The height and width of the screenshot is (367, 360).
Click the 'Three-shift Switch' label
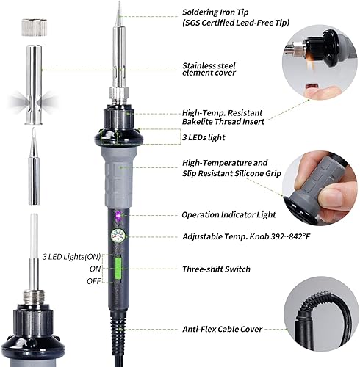pyautogui.click(x=216, y=269)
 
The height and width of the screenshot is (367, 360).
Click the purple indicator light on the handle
pyautogui.click(x=117, y=216)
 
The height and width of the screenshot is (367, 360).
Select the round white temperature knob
pyautogui.click(x=116, y=237)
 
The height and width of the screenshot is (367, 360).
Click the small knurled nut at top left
pyautogui.click(x=28, y=28)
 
